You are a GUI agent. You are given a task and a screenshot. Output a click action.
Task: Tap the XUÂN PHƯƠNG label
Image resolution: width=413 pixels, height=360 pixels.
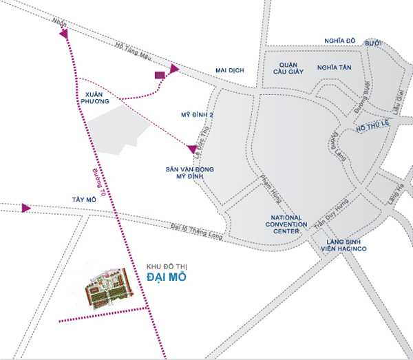[x=93, y=96]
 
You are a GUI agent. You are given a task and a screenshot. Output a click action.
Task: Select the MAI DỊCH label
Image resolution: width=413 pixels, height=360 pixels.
[x=230, y=70]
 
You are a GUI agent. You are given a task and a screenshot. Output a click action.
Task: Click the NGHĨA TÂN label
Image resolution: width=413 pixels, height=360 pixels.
[x=334, y=67]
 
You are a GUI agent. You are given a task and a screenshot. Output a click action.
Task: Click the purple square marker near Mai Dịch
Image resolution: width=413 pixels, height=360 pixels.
[x=160, y=74]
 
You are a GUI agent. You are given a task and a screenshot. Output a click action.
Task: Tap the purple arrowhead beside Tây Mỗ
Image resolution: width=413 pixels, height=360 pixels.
[x=25, y=208]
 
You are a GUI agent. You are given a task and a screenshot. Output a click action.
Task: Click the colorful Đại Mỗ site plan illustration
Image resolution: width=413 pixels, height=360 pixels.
[x=109, y=288]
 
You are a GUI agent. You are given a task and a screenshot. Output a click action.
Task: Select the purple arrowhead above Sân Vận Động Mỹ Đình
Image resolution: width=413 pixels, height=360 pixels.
[x=191, y=148]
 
